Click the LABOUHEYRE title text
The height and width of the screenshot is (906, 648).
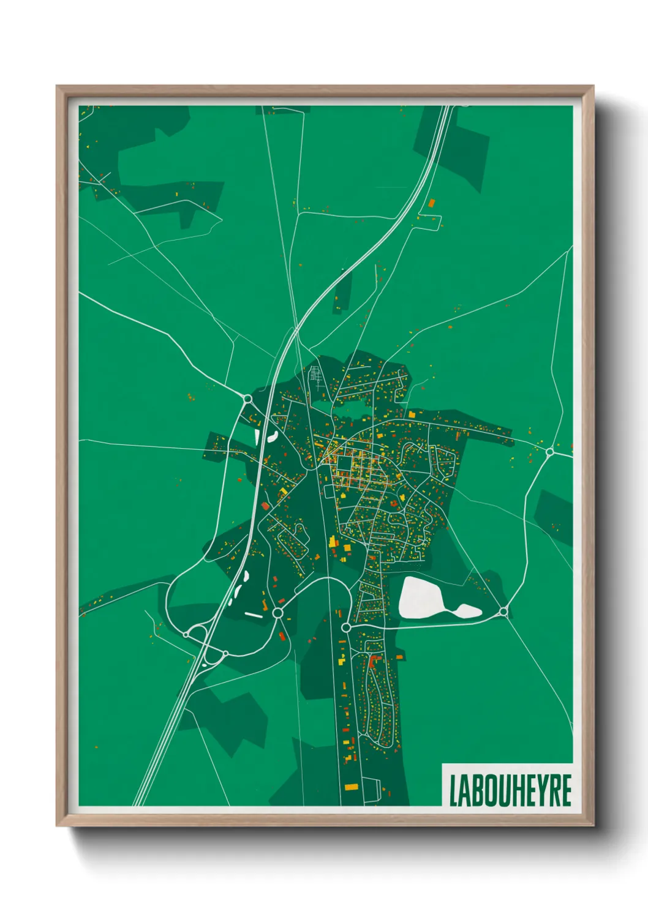(510, 790)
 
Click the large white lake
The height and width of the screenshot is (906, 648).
(423, 596)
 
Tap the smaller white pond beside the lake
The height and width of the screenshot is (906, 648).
(467, 610)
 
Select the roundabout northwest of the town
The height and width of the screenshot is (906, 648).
(248, 399)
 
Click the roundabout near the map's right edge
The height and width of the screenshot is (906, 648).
(549, 452)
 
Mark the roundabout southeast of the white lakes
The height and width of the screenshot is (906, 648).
(503, 612)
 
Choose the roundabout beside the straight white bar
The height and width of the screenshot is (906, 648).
(277, 613)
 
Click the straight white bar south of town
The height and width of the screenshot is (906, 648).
(254, 614)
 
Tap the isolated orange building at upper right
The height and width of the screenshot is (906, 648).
(431, 202)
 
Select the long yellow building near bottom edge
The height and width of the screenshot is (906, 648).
(350, 787)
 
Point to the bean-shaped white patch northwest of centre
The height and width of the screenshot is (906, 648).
(272, 436)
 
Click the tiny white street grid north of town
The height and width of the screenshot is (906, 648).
(316, 375)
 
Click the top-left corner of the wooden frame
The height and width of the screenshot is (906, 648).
(58, 87)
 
